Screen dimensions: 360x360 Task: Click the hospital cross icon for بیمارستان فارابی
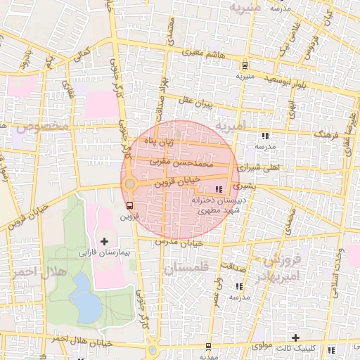click(105, 241)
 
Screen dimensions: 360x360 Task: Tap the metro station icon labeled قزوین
click(128, 206)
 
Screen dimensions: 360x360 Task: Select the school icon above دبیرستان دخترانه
click(218, 189)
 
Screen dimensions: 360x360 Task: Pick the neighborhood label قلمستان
click(184, 268)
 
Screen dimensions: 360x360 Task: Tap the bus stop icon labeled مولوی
click(207, 346)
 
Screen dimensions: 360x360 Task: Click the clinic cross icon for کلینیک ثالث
click(295, 339)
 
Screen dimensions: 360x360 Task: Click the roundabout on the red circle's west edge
click(129, 184)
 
